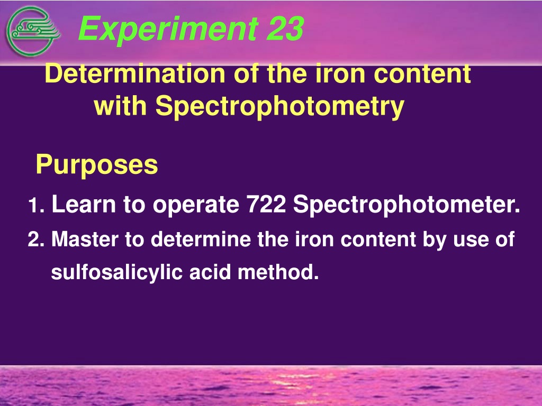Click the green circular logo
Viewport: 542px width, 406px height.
[x=33, y=31]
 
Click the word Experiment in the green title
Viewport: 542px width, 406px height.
[x=168, y=29]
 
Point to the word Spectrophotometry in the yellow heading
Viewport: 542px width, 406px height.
[x=279, y=106]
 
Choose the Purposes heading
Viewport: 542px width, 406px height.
[x=97, y=165]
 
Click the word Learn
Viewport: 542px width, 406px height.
[x=83, y=204]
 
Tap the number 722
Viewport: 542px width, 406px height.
[x=266, y=204]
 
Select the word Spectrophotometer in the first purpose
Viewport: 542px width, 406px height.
[x=406, y=206]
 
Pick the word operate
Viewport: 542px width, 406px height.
[x=196, y=206]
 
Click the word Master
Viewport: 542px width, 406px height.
[x=85, y=239]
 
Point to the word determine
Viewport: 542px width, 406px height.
[x=201, y=239]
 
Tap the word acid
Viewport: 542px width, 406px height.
[x=210, y=272]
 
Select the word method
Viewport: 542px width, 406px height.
[x=278, y=272]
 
